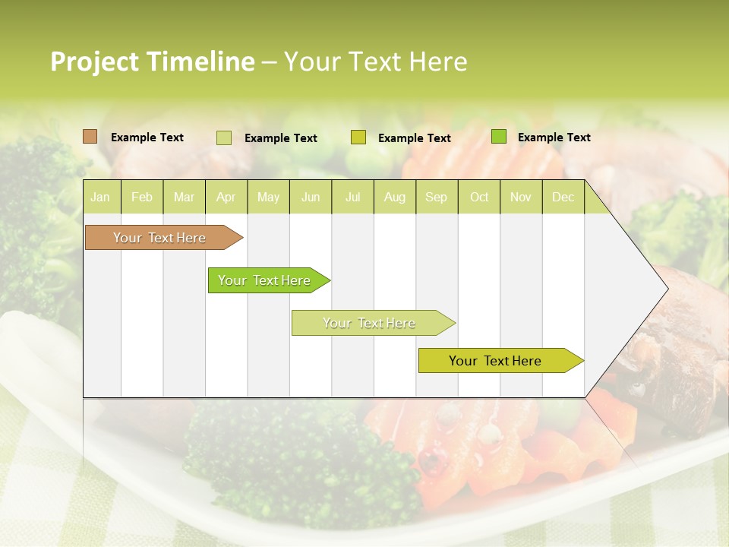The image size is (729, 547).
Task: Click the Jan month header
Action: [x=100, y=197]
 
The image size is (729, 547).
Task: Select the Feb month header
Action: [x=142, y=197]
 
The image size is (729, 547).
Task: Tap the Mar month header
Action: [x=184, y=197]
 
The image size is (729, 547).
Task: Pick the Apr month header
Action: [x=226, y=197]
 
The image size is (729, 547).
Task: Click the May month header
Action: [x=268, y=197]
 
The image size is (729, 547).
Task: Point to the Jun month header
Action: [x=311, y=197]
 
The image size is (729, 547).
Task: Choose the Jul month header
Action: [x=352, y=197]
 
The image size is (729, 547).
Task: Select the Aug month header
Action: [x=395, y=197]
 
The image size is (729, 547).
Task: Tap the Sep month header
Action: [x=437, y=197]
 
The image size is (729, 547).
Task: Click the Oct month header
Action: [x=479, y=197]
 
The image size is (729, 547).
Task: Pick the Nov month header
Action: [x=521, y=197]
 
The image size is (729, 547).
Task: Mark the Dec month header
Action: [x=563, y=197]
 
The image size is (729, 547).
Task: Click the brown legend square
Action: [x=90, y=137]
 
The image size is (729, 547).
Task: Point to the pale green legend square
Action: [x=224, y=138]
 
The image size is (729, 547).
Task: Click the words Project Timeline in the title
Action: [x=153, y=62]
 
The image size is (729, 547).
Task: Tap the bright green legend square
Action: [x=499, y=137]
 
